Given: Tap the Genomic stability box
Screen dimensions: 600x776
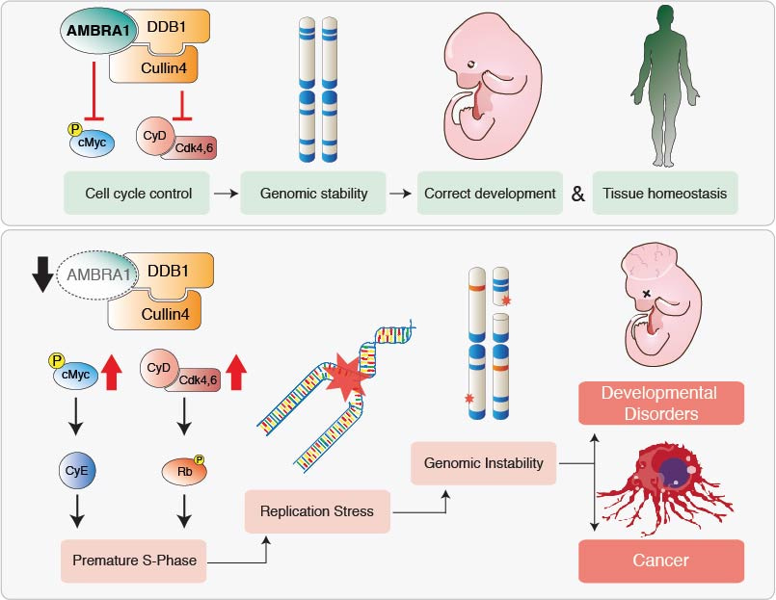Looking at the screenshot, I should (x=313, y=194).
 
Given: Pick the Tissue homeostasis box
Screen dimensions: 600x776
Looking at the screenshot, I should (x=665, y=194).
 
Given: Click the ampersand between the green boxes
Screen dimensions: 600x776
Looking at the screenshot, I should (x=578, y=194).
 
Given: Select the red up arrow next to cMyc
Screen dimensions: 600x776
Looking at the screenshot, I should (x=112, y=371).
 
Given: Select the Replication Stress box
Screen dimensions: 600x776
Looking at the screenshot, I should (x=317, y=510).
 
